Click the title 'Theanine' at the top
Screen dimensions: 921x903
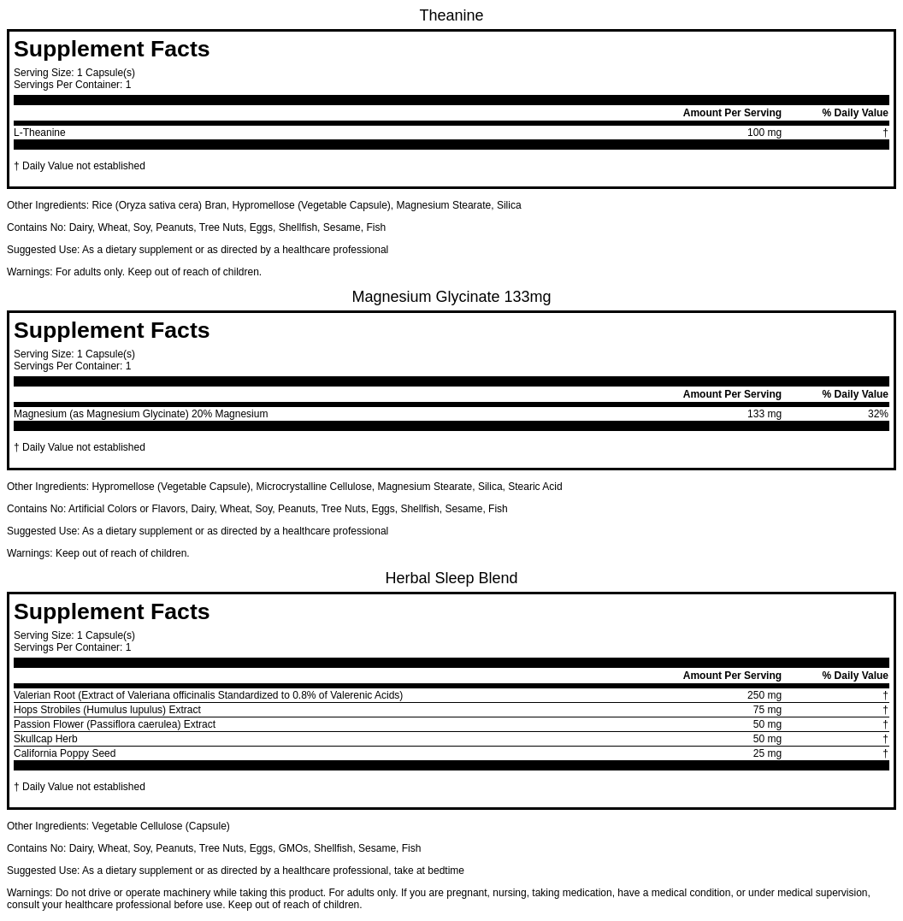[451, 15]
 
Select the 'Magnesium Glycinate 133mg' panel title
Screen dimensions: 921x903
[451, 297]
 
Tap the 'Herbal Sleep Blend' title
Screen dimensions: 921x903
[451, 578]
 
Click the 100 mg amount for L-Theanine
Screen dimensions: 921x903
[764, 133]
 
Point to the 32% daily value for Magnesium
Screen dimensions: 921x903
[877, 414]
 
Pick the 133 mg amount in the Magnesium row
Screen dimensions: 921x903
[764, 414]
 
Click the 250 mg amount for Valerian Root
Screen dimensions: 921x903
[764, 695]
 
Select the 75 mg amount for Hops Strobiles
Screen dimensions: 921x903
[767, 710]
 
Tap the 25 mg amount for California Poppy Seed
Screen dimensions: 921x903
[767, 753]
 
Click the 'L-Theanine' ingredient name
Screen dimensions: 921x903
[39, 133]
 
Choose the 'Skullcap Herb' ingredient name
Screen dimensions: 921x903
[45, 739]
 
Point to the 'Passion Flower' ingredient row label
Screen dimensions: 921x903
[114, 724]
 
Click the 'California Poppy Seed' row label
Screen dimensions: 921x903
[64, 753]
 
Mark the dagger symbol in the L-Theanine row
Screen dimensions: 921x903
[885, 133]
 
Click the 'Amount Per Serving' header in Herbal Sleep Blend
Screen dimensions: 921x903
[731, 676]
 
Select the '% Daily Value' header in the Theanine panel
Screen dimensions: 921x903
[854, 113]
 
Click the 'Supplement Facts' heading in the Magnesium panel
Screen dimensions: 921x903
[111, 330]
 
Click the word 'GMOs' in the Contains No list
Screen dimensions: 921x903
[292, 848]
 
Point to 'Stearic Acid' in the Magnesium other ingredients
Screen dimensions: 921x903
[534, 487]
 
